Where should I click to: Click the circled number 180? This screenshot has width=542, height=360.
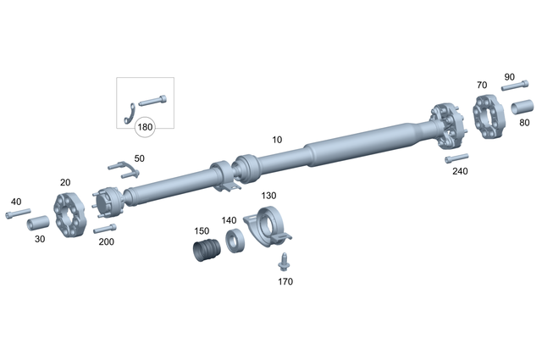[146, 127]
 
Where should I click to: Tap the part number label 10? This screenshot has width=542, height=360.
[277, 139]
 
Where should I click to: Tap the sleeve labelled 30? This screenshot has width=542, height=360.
[37, 225]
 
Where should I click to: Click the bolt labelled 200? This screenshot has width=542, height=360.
[104, 229]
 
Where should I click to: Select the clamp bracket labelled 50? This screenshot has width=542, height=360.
[124, 169]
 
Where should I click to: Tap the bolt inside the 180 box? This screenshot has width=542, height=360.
[152, 100]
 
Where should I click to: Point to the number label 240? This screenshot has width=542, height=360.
[460, 171]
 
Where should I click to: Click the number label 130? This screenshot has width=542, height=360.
[268, 196]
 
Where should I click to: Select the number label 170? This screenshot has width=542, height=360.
[285, 281]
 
